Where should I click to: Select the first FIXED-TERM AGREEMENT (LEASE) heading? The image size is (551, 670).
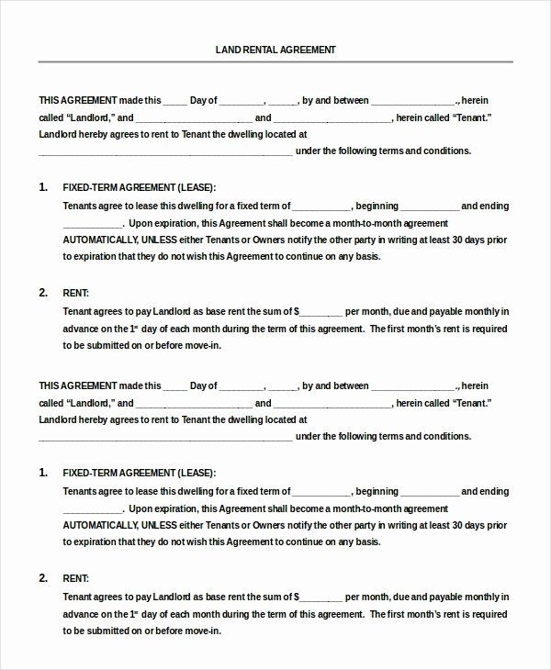pos(139,187)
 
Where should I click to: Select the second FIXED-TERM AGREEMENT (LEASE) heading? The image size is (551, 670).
pos(139,473)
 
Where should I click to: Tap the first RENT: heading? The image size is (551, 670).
pos(75,293)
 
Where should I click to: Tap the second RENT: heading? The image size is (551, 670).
pos(75,578)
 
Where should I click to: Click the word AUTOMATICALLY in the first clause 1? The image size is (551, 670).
pos(100,240)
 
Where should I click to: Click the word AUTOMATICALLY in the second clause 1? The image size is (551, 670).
pos(100,526)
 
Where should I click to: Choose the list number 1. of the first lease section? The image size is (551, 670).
pos(43,187)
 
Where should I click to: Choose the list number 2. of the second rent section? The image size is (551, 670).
pos(43,578)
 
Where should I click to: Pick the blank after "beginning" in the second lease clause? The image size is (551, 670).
pos(429,491)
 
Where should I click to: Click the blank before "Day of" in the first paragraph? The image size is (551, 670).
pos(175,101)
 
